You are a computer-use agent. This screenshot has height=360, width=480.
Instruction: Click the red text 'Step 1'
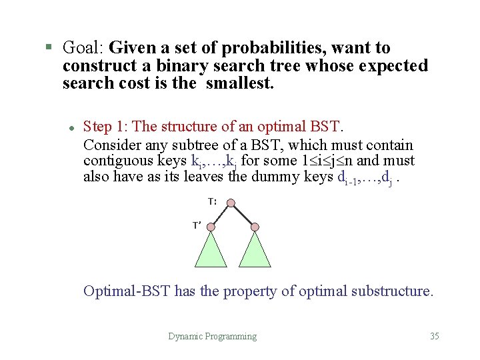(107, 127)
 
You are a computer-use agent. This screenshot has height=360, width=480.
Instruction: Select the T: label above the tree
(212, 201)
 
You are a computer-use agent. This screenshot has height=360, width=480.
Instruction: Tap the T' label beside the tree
(197, 225)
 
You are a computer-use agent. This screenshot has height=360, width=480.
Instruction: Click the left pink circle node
(211, 227)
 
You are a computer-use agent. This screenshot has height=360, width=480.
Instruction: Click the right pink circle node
(255, 227)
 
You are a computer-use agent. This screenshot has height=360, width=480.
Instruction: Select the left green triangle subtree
(211, 253)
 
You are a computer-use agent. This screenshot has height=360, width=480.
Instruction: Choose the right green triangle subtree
(255, 253)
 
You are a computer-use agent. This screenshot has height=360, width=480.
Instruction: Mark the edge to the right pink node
(243, 213)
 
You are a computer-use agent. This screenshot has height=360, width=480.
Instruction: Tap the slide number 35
(435, 337)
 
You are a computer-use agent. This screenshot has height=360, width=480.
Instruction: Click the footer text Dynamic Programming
(212, 337)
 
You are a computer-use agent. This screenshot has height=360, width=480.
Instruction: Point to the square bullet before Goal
(48, 47)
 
